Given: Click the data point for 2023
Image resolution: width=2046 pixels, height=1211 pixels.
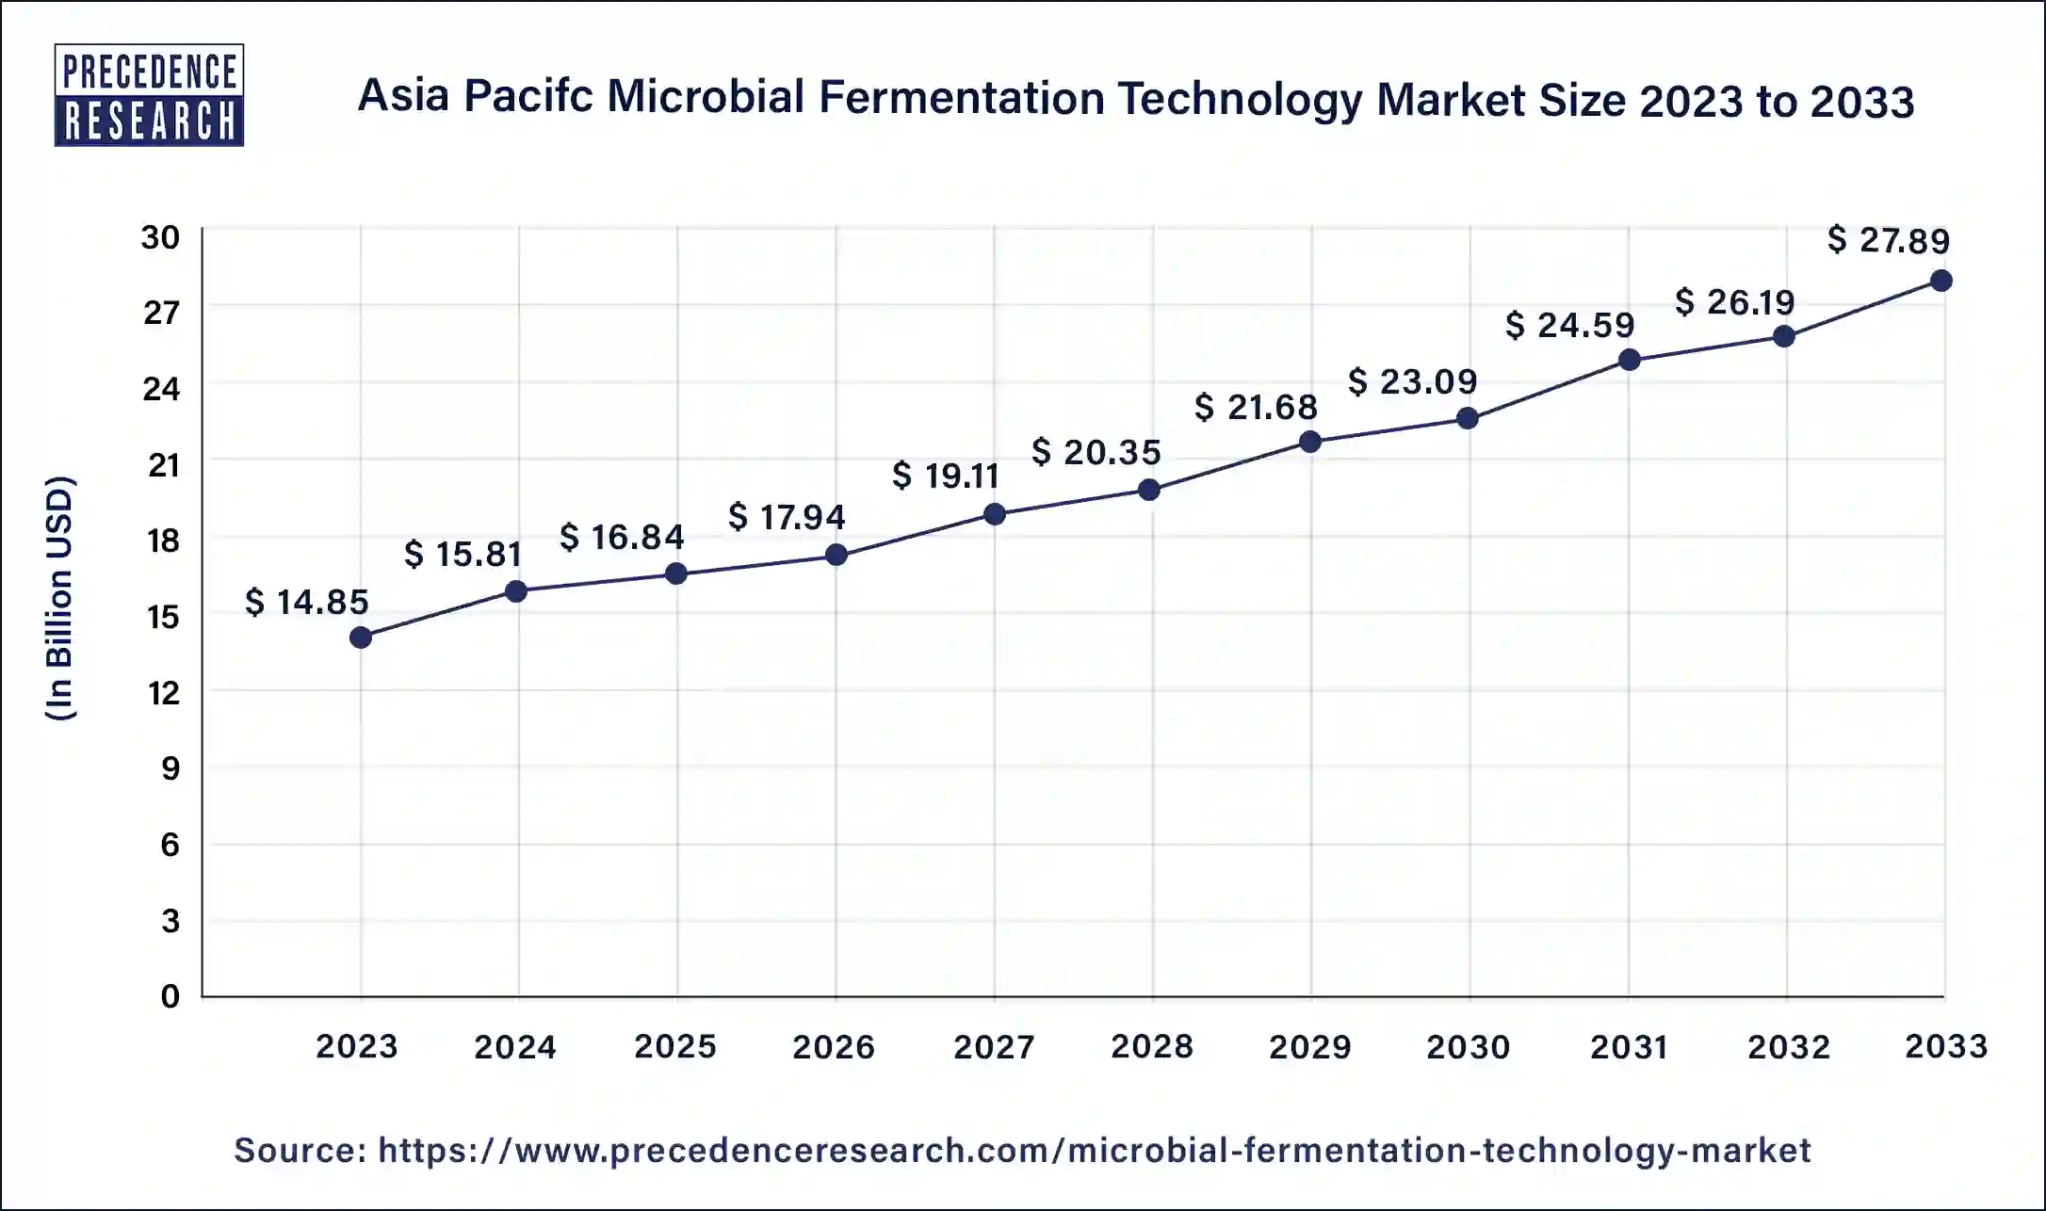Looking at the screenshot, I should point(361,638).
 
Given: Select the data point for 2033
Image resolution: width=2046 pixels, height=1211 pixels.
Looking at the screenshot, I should point(1940,281).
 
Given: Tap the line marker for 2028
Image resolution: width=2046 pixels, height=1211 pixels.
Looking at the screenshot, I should point(1149,490).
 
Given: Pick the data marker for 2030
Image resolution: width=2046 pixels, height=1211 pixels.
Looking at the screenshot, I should point(1468,418).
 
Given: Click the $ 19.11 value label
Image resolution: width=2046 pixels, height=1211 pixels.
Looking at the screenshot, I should point(946,476).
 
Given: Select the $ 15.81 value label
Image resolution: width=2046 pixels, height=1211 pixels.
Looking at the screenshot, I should point(463,554).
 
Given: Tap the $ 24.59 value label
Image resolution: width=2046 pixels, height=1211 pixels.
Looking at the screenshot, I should point(1569,325).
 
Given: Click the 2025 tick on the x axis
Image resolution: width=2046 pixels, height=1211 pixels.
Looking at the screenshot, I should point(675,1046).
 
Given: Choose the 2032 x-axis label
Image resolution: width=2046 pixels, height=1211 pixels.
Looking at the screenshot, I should point(1788,1046).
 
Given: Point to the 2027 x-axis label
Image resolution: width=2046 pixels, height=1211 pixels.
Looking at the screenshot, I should point(993,1046).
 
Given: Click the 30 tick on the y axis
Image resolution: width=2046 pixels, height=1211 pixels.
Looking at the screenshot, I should point(161,237).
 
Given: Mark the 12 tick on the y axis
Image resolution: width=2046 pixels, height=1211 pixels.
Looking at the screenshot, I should point(163,693).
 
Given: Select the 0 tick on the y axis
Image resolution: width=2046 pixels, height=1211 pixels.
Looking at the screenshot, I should point(170,996).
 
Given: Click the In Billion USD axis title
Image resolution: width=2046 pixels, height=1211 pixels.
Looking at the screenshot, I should point(60,599).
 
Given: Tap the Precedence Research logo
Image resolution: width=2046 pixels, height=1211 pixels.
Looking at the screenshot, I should point(150,95).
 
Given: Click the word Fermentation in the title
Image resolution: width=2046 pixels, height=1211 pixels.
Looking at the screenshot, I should point(961,98).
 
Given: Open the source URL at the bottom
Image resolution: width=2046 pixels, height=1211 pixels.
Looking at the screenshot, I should point(1094,1150).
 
